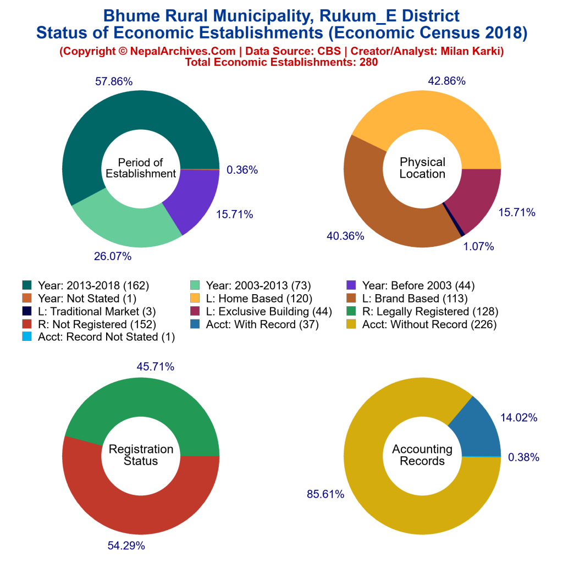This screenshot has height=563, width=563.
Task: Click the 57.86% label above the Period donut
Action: click(x=114, y=82)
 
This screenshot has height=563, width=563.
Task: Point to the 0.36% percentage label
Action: click(x=242, y=170)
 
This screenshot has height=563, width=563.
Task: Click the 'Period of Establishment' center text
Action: click(x=141, y=168)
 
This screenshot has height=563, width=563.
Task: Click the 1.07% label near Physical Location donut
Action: click(x=479, y=246)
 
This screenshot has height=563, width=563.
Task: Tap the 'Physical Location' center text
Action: click(x=422, y=168)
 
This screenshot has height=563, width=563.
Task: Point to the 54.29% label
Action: click(x=126, y=546)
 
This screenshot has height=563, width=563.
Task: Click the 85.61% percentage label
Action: click(x=325, y=494)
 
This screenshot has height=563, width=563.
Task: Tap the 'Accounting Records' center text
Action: click(x=422, y=455)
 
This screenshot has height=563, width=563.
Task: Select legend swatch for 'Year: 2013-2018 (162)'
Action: click(x=27, y=285)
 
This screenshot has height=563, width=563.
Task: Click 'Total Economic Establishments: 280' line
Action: click(x=281, y=62)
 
